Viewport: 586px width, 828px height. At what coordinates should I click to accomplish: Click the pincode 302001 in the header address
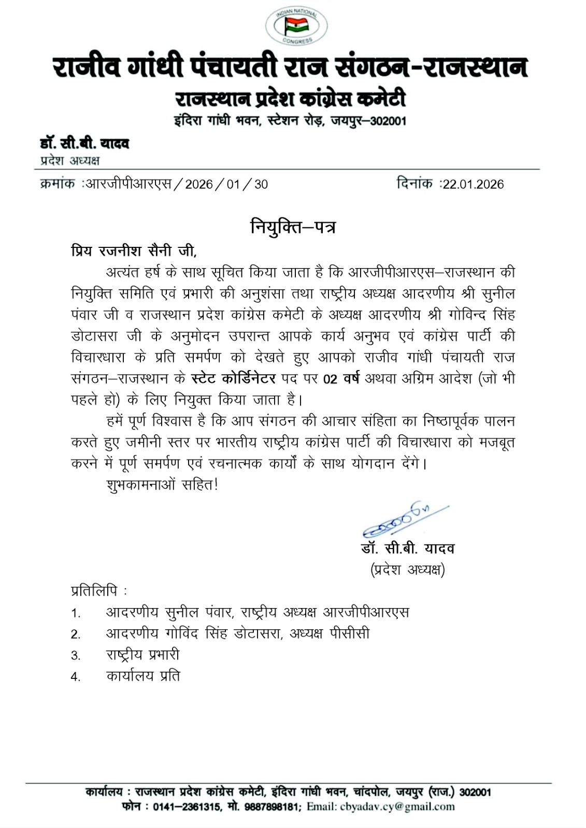click(385, 121)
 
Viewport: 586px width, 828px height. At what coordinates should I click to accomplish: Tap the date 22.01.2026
click(473, 184)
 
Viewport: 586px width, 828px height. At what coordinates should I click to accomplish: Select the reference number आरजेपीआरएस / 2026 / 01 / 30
click(176, 184)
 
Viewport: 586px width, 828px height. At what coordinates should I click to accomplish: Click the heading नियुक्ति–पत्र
click(293, 227)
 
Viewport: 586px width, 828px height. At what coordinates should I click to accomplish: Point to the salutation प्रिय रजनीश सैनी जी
click(134, 251)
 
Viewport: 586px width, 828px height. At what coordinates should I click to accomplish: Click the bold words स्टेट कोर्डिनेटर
click(233, 379)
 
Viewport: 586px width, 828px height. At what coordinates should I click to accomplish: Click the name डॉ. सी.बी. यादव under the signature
click(408, 549)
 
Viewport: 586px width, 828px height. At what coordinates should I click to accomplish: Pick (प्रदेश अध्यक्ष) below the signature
click(408, 570)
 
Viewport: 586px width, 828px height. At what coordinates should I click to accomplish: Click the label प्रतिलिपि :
click(99, 590)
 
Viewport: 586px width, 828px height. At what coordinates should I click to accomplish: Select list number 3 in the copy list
click(76, 656)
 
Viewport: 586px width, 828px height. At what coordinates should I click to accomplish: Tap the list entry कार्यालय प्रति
click(143, 676)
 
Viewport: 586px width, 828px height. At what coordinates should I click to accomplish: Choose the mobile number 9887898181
click(272, 806)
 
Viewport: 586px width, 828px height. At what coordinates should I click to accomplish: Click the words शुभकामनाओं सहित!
click(162, 485)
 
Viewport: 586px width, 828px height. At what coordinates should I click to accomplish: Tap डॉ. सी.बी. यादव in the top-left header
click(84, 143)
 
